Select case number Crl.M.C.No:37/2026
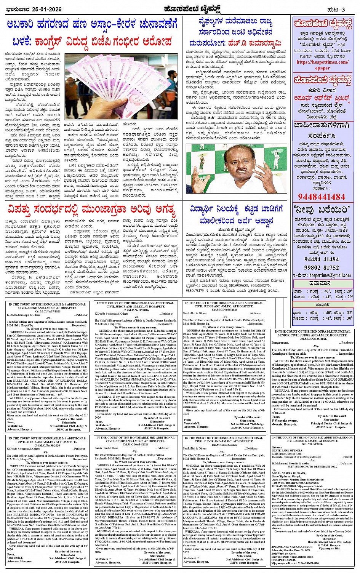[x=47, y=311]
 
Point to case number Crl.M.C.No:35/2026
[x=224, y=310]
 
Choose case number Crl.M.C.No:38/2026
[x=47, y=445]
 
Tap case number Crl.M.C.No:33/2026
[x=224, y=445]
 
